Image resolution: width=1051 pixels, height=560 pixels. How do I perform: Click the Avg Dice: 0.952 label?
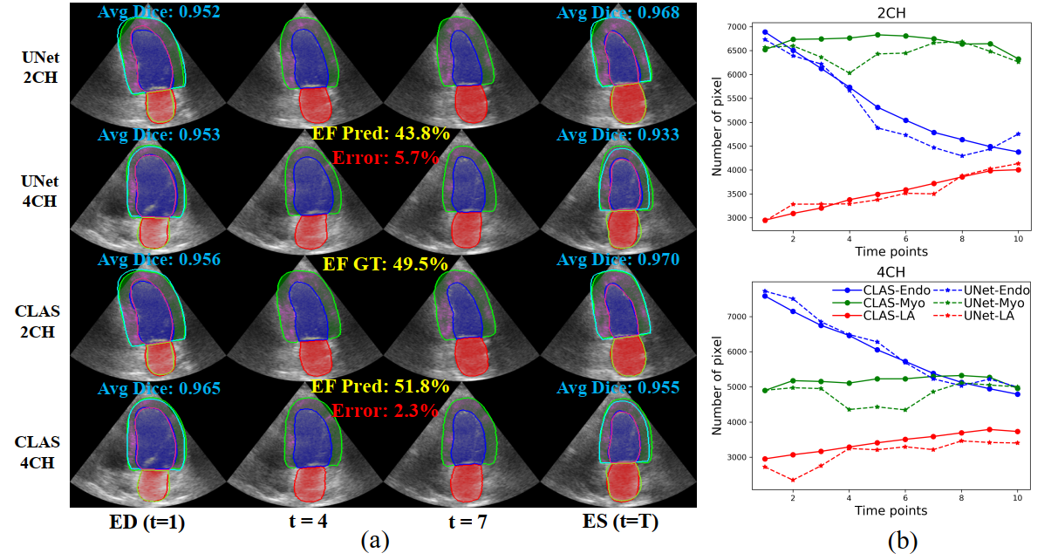(159, 11)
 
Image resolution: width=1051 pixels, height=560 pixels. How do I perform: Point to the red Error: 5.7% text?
(385, 157)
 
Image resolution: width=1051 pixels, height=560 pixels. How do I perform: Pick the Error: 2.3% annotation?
(385, 409)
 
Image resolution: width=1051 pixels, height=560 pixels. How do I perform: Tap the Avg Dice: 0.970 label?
(618, 259)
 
